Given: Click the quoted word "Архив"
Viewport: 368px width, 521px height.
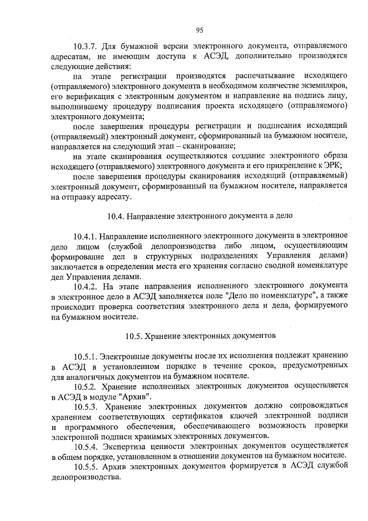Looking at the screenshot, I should (137, 395).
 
